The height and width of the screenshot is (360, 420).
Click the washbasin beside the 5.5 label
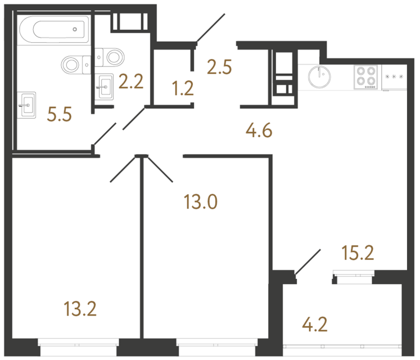point(28,105)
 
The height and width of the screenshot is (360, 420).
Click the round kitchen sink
point(320,76)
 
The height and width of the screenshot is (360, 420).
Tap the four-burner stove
point(366,76)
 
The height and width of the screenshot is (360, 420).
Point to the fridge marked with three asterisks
point(394,76)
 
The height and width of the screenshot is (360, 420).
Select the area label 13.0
point(200,201)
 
